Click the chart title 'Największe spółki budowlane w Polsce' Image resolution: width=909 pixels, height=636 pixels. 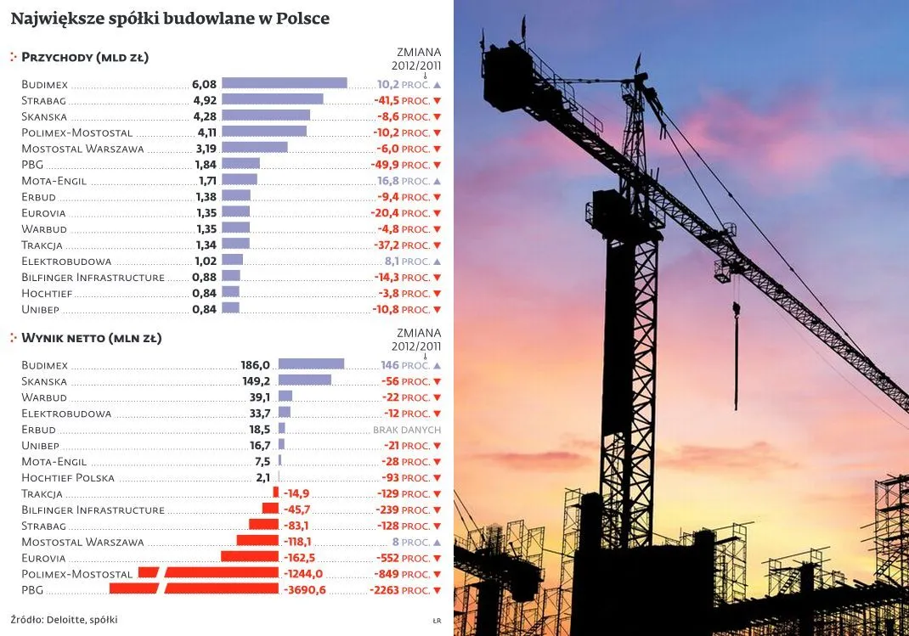170,18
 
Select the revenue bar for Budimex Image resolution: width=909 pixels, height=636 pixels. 284,83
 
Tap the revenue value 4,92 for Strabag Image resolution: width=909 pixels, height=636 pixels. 206,100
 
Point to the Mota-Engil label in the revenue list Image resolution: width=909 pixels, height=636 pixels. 55,181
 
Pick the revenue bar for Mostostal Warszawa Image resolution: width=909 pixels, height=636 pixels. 254,148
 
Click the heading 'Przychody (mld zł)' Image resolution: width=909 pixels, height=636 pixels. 85,58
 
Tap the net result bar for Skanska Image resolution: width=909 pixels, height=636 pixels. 304,380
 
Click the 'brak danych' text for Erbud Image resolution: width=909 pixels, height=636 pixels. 407,430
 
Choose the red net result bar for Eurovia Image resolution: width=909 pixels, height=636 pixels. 250,557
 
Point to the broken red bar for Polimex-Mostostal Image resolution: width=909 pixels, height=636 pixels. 208,573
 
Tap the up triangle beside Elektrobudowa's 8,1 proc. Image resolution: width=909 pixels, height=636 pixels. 437,262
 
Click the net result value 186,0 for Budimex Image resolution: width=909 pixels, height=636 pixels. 256,364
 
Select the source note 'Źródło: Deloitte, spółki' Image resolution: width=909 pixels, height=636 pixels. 65,620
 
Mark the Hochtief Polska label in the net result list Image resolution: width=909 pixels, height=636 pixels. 68,477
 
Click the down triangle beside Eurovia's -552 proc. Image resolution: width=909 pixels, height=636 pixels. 437,558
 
